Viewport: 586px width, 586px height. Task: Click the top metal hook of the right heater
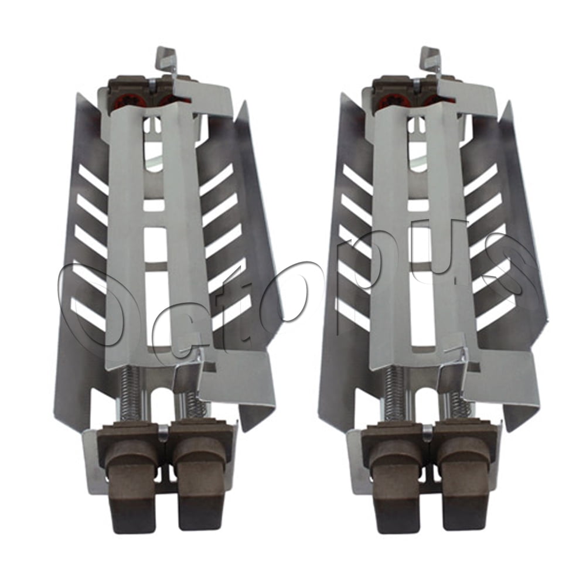coord(428,59)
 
